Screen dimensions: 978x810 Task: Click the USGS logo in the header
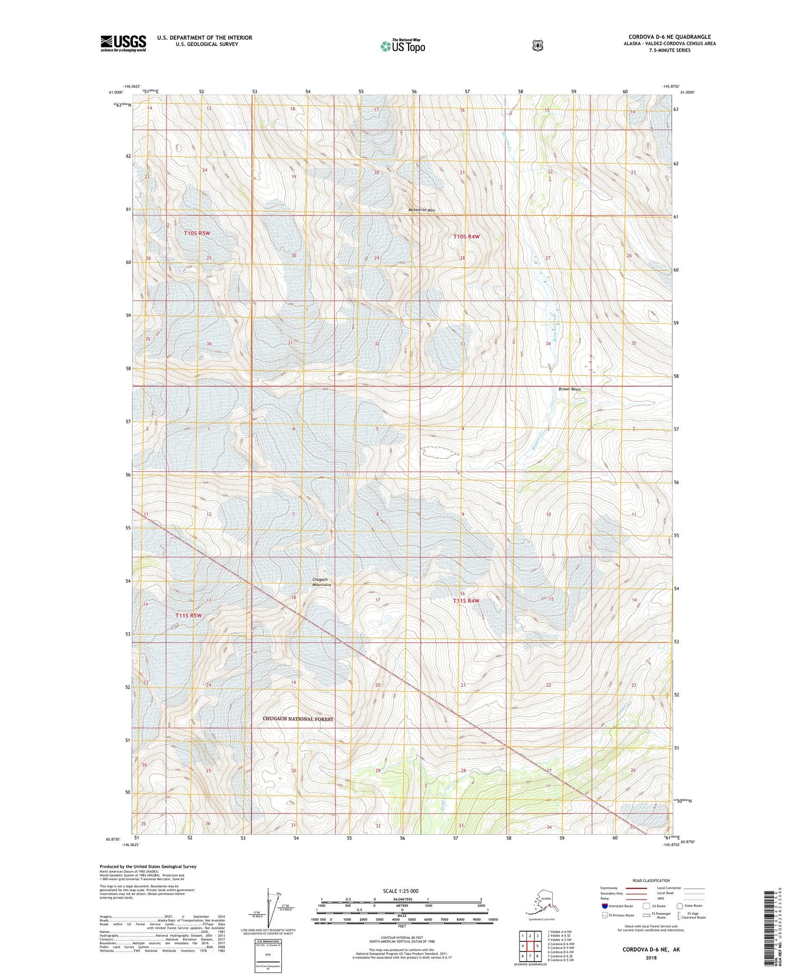point(123,43)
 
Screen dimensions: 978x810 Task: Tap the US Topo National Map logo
point(402,46)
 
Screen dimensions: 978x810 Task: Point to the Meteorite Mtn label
point(422,210)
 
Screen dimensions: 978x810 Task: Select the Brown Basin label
point(570,389)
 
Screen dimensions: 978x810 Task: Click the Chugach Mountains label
point(322,582)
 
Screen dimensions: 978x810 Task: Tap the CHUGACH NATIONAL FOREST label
point(298,719)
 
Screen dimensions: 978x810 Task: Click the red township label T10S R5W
point(197,232)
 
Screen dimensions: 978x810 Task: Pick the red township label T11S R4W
point(466,600)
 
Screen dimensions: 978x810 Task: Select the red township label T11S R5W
point(188,615)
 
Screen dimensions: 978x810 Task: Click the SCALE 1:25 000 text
point(400,891)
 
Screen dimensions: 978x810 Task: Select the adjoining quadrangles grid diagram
point(530,946)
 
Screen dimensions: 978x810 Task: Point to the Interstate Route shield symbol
point(604,906)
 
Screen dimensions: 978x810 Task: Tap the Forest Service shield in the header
point(538,45)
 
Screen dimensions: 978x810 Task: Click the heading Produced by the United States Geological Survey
point(148,866)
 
